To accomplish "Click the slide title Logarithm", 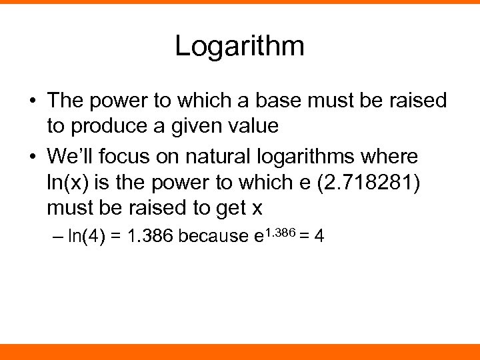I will tap(239, 46).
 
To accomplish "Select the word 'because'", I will tap(215, 237).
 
